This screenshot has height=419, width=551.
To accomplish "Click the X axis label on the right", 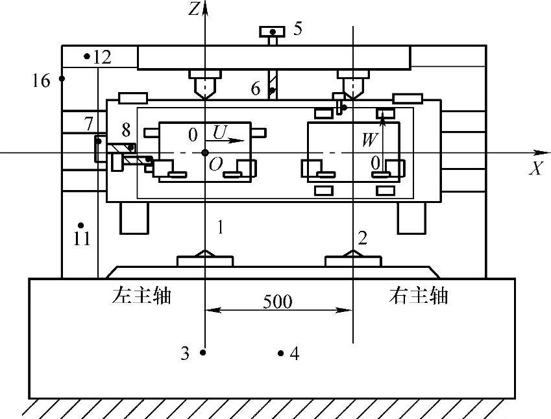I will coord(536,169).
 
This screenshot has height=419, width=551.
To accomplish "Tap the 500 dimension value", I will coord(278,302).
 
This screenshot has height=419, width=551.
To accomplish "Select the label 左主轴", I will coord(141,296).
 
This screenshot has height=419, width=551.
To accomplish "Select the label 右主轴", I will coord(419,296).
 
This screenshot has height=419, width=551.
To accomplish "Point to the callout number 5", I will coord(297,29).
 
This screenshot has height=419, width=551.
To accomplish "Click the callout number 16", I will coord(41,81).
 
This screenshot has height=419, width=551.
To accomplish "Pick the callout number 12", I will coord(102,57).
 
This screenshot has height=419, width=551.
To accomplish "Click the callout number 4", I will coord(295,353).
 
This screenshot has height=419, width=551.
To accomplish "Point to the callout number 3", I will coord(185,353).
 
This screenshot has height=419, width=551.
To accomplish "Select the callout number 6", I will coord(257,88).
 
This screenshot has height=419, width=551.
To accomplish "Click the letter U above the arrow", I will coord(219,132).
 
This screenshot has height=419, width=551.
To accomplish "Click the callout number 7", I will coord(89,122).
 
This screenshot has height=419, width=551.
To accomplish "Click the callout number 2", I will coord(363,238).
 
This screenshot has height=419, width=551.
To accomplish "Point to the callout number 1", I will coord(221,227).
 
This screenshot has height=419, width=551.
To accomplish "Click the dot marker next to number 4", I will coord(280,353).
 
